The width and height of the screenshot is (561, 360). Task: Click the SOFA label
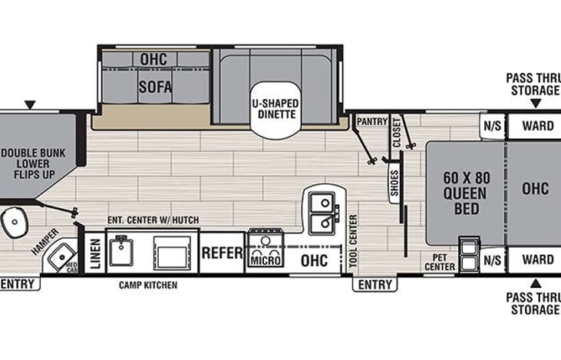tap(154, 86)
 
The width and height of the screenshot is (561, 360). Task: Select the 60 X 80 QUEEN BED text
tap(465, 192)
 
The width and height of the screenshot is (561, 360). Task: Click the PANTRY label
tap(371, 121)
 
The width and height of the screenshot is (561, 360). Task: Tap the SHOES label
tap(394, 183)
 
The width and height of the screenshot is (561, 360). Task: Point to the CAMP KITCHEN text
tap(148, 285)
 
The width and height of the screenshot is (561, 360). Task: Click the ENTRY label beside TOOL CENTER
tap(375, 285)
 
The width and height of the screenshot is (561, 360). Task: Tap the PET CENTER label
tap(441, 263)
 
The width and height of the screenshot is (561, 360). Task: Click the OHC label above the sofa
tap(154, 59)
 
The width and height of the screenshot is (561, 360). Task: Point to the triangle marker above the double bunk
tap(31, 104)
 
